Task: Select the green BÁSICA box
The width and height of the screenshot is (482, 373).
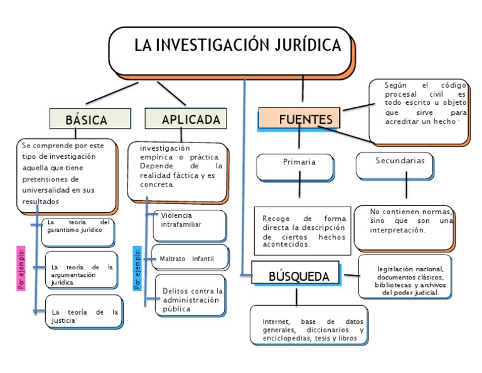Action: click(x=86, y=119)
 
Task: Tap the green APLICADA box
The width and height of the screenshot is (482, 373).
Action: click(x=186, y=119)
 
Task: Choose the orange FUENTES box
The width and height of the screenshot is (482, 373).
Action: click(x=299, y=119)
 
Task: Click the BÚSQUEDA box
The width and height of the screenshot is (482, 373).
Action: click(x=296, y=273)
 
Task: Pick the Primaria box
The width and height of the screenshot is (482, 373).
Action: click(x=299, y=165)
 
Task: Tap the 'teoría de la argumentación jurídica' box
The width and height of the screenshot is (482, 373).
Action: click(x=82, y=271)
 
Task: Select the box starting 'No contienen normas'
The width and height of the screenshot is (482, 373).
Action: click(x=404, y=227)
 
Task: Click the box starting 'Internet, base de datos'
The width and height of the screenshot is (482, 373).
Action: click(x=309, y=325)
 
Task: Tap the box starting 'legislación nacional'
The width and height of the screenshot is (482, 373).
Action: click(x=405, y=276)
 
